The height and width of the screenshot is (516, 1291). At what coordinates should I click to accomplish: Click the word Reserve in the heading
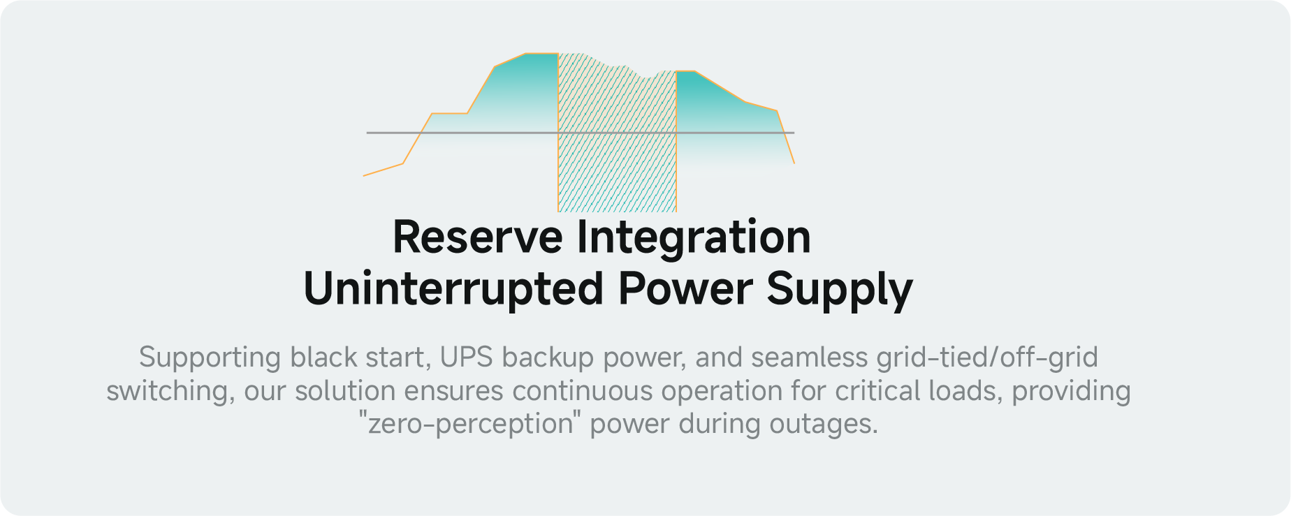tap(477, 237)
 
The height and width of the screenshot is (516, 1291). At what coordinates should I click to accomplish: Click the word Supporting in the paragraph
tap(210, 358)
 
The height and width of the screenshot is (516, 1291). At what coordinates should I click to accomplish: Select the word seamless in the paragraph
tap(809, 357)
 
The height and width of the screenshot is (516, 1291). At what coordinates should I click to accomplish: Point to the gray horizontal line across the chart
tap(581, 132)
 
